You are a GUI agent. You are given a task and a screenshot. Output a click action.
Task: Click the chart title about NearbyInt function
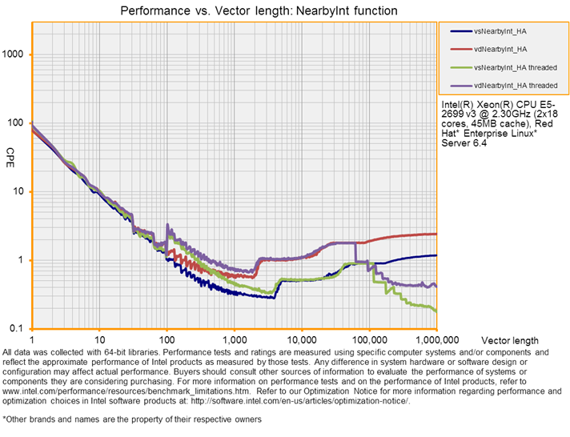(x=258, y=11)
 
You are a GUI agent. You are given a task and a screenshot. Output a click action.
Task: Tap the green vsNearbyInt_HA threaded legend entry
(x=515, y=66)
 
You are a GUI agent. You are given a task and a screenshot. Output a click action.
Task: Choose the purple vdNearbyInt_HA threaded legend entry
(x=516, y=84)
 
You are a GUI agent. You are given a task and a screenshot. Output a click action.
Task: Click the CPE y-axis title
(x=10, y=152)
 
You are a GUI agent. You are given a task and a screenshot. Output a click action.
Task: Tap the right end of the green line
(x=436, y=310)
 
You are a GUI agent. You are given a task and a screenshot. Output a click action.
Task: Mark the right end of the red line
(x=436, y=234)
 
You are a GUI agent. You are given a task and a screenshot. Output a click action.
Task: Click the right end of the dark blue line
(x=436, y=255)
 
